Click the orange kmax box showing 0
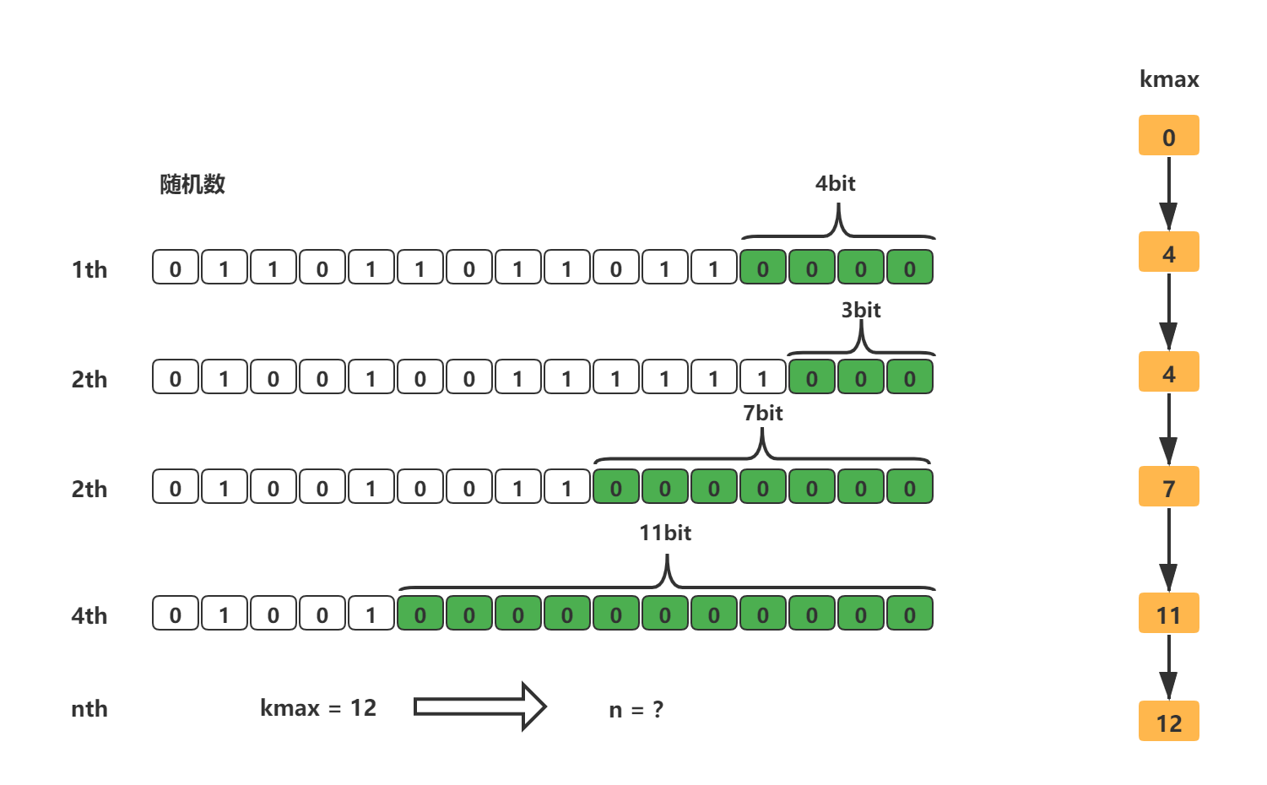(x=1168, y=136)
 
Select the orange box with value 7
(x=1168, y=487)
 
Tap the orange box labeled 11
(x=1168, y=614)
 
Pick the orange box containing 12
(x=1168, y=722)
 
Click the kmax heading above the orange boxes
(x=1169, y=79)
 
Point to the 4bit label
(x=835, y=183)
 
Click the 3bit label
(x=860, y=310)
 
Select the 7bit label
(x=762, y=413)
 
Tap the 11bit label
(x=665, y=533)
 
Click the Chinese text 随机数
(x=192, y=184)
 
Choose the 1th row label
(x=89, y=269)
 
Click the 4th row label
(x=89, y=615)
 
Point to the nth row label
(x=89, y=708)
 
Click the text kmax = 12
(x=318, y=707)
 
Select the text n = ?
(x=636, y=709)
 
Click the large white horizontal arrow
(x=479, y=706)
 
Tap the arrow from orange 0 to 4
(x=1168, y=193)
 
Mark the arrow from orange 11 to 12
(x=1168, y=667)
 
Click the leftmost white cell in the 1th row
(x=175, y=268)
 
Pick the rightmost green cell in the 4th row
(x=909, y=614)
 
